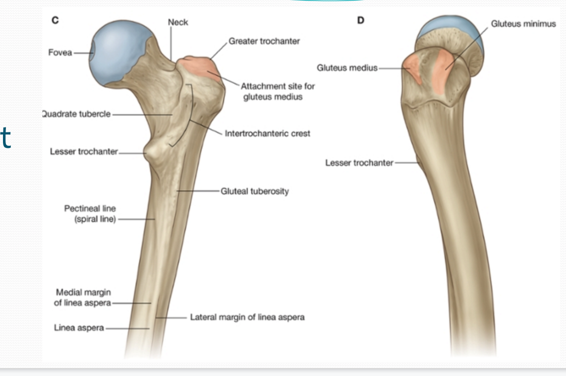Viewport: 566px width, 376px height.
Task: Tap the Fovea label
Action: coord(60,52)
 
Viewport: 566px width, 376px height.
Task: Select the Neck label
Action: coord(178,22)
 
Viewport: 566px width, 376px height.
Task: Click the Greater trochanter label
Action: coord(264,41)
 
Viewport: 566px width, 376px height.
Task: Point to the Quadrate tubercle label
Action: coord(76,114)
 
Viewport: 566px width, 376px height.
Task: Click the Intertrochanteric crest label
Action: coord(267,133)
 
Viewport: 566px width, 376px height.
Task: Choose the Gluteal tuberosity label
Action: coord(255,191)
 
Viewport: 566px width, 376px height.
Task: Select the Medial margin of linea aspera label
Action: coord(83,298)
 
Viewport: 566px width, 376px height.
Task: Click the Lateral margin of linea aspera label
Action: coord(247,317)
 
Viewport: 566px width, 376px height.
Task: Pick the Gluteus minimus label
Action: coord(523,24)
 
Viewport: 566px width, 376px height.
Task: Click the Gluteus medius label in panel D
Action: coord(347,67)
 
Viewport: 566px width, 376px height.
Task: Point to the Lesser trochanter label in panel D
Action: coord(359,163)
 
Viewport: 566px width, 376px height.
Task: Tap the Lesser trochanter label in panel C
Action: coord(84,151)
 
